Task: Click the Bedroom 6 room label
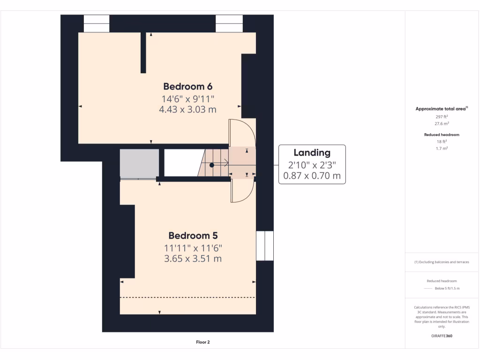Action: [x=187, y=86]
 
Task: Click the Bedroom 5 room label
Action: [x=193, y=235]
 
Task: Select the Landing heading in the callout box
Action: [x=312, y=152]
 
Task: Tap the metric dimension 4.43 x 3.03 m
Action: [x=188, y=110]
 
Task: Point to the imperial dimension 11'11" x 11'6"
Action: [x=193, y=247]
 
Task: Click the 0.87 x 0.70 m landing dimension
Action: [x=312, y=176]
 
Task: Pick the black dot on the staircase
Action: [x=212, y=165]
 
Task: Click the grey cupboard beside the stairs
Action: [x=139, y=164]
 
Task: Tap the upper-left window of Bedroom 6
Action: [x=97, y=23]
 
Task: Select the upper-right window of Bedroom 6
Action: [x=229, y=23]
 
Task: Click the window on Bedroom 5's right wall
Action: [x=265, y=246]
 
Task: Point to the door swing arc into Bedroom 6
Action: [x=242, y=132]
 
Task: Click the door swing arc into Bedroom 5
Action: [x=243, y=191]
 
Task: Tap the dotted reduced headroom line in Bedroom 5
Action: [x=187, y=297]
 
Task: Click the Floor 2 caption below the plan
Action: [x=202, y=342]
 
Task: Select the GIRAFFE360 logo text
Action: [x=442, y=336]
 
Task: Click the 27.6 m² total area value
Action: [x=442, y=124]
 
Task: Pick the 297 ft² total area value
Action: [x=442, y=116]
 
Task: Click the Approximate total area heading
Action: [x=441, y=109]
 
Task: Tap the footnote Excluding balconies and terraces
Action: [x=442, y=262]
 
